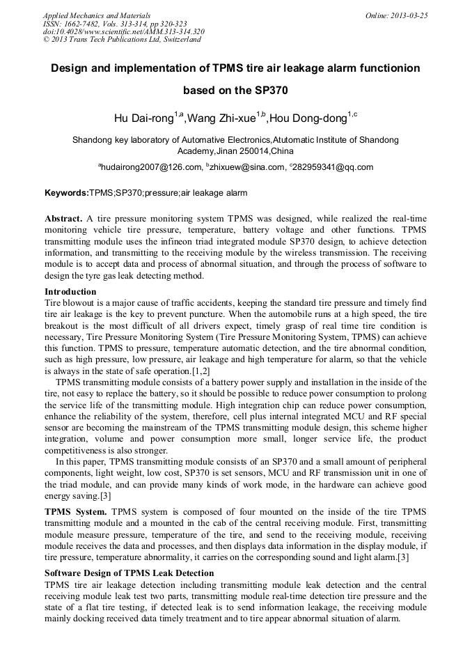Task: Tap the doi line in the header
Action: pyautogui.click(x=123, y=31)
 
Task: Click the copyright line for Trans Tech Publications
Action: pyautogui.click(x=121, y=40)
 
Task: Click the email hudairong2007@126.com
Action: pyautogui.click(x=151, y=167)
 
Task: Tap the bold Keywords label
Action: pyautogui.click(x=66, y=193)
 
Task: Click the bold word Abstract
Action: pyautogui.click(x=64, y=219)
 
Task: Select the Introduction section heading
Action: pyautogui.click(x=70, y=292)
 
